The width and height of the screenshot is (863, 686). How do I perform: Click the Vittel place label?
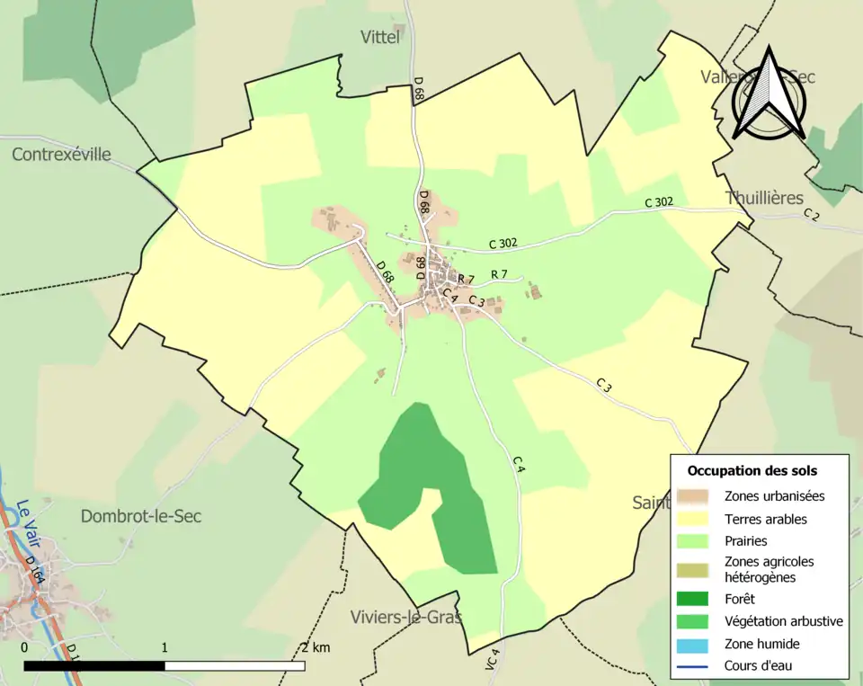pyautogui.click(x=378, y=38)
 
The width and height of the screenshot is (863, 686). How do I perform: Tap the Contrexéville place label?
pyautogui.click(x=61, y=155)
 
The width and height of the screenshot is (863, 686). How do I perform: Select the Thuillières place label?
pyautogui.click(x=764, y=198)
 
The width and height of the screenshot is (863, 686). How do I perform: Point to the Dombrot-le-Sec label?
pyautogui.click(x=141, y=517)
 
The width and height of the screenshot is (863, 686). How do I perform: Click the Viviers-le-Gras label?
pyautogui.click(x=405, y=618)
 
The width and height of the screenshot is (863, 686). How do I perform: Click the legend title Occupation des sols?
pyautogui.click(x=752, y=470)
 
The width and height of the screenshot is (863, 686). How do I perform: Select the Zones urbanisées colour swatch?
pyautogui.click(x=695, y=495)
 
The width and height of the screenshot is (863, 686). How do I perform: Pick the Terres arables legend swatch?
pyautogui.click(x=695, y=519)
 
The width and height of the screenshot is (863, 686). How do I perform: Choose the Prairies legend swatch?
pyautogui.click(x=695, y=542)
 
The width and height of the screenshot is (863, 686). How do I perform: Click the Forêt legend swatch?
pyautogui.click(x=695, y=598)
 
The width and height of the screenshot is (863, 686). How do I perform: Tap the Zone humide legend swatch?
pyautogui.click(x=695, y=644)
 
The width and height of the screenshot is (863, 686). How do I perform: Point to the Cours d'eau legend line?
pyautogui.click(x=695, y=666)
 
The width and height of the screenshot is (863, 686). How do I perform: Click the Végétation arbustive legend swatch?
pyautogui.click(x=695, y=621)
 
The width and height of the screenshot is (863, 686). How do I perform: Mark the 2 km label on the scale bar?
pyautogui.click(x=316, y=647)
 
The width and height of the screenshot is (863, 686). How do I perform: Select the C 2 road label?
pyautogui.click(x=812, y=214)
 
